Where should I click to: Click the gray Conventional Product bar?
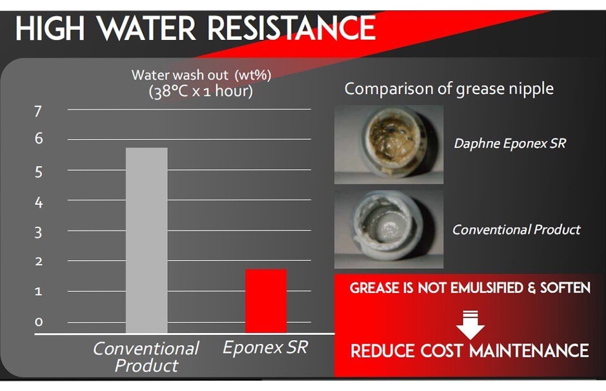point(146,240)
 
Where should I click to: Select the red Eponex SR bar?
point(266,301)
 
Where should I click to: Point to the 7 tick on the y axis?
point(38,111)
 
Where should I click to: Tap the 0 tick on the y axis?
point(38,321)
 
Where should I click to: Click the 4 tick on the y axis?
point(39,202)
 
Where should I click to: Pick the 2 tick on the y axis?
point(39,262)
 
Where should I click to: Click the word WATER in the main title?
point(146,28)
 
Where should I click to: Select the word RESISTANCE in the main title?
point(292,28)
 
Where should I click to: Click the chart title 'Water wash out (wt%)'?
point(201,75)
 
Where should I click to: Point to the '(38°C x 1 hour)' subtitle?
point(201,91)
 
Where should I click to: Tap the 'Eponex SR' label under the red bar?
point(265,347)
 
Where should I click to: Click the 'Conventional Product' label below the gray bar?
point(146,357)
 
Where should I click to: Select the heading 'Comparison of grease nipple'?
point(449,89)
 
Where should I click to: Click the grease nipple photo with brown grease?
point(389,144)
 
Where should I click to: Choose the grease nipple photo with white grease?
point(389,229)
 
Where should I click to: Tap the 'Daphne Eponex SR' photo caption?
point(510,144)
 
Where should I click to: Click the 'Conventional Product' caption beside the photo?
point(516,230)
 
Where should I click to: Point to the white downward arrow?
point(470,326)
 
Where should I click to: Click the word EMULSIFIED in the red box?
point(485,288)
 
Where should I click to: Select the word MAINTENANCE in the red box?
point(529,350)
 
